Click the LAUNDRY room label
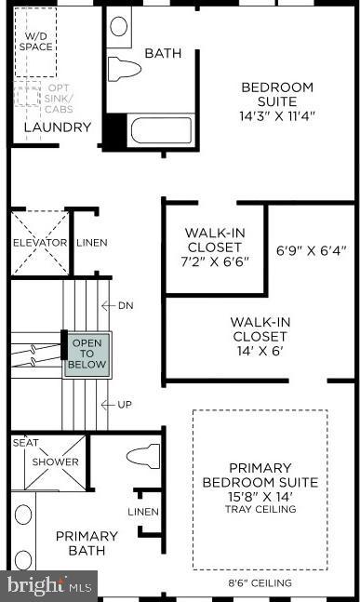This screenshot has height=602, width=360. [x=57, y=127]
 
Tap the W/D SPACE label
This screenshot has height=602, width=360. [x=37, y=40]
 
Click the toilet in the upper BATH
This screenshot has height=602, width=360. [x=124, y=67]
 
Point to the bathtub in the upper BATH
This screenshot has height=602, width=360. [x=160, y=129]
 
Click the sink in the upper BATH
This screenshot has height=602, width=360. [x=120, y=26]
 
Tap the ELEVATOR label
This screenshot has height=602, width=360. [x=39, y=243]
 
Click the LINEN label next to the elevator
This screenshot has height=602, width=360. [x=91, y=243]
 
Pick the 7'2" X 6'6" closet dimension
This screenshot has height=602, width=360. [x=214, y=263]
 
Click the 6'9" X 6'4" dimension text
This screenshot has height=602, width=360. [x=311, y=249]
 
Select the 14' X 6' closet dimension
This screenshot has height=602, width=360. [x=260, y=351]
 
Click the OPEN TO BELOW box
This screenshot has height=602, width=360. [x=87, y=354]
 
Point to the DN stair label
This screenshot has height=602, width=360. [x=127, y=305]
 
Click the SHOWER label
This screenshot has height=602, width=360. [x=56, y=462]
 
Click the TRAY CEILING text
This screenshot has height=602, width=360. [x=260, y=509]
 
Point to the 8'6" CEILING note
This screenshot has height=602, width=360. [x=260, y=583]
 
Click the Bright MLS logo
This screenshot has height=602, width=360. [x=48, y=586]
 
